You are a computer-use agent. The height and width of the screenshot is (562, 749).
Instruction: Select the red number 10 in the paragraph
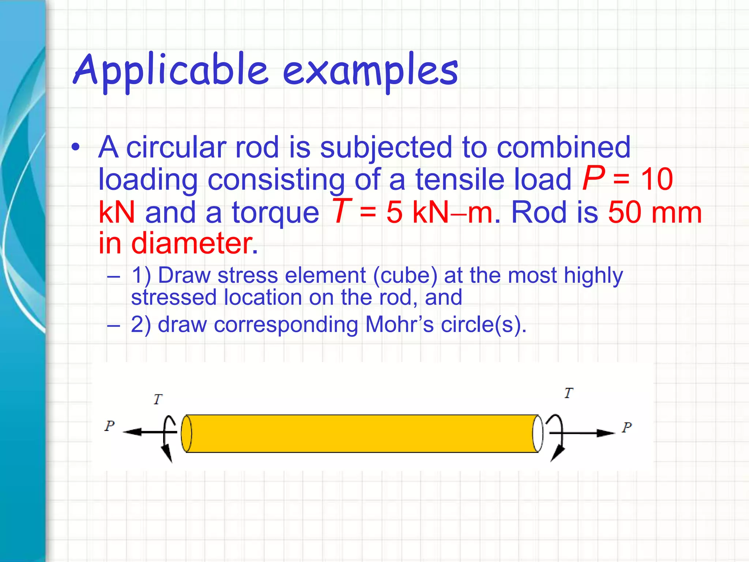[x=657, y=179]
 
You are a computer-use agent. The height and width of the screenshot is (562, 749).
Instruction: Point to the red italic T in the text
[x=341, y=211]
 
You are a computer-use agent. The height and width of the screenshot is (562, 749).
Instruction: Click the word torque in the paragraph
[x=275, y=213]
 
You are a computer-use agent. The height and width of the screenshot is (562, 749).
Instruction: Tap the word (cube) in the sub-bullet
[x=405, y=275]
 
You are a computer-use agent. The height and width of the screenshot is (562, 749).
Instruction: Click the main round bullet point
[x=76, y=147]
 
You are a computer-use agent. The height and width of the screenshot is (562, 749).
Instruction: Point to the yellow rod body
[x=362, y=434]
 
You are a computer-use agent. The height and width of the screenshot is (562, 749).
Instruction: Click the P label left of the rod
[x=110, y=426]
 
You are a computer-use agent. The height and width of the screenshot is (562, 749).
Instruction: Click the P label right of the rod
[x=627, y=427]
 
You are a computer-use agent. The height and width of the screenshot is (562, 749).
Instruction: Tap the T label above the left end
[x=158, y=399]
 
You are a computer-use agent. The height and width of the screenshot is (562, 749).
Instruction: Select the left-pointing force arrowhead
[x=132, y=432]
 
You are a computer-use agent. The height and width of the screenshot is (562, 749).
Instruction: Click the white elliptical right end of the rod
[x=538, y=434]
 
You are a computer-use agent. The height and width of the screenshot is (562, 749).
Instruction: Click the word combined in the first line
[x=564, y=147]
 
